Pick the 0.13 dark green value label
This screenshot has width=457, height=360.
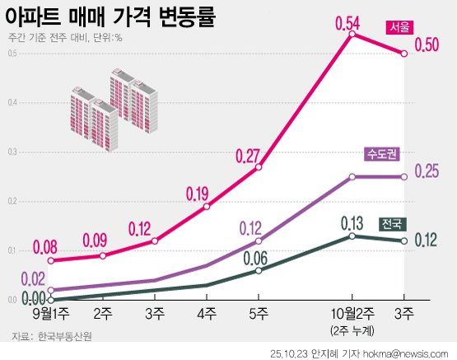[352, 222]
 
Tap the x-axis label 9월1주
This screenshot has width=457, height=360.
[51, 313]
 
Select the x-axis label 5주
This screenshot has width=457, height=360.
[259, 313]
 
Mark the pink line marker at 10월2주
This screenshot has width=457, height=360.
[352, 35]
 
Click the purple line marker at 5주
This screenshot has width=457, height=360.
[259, 241]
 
